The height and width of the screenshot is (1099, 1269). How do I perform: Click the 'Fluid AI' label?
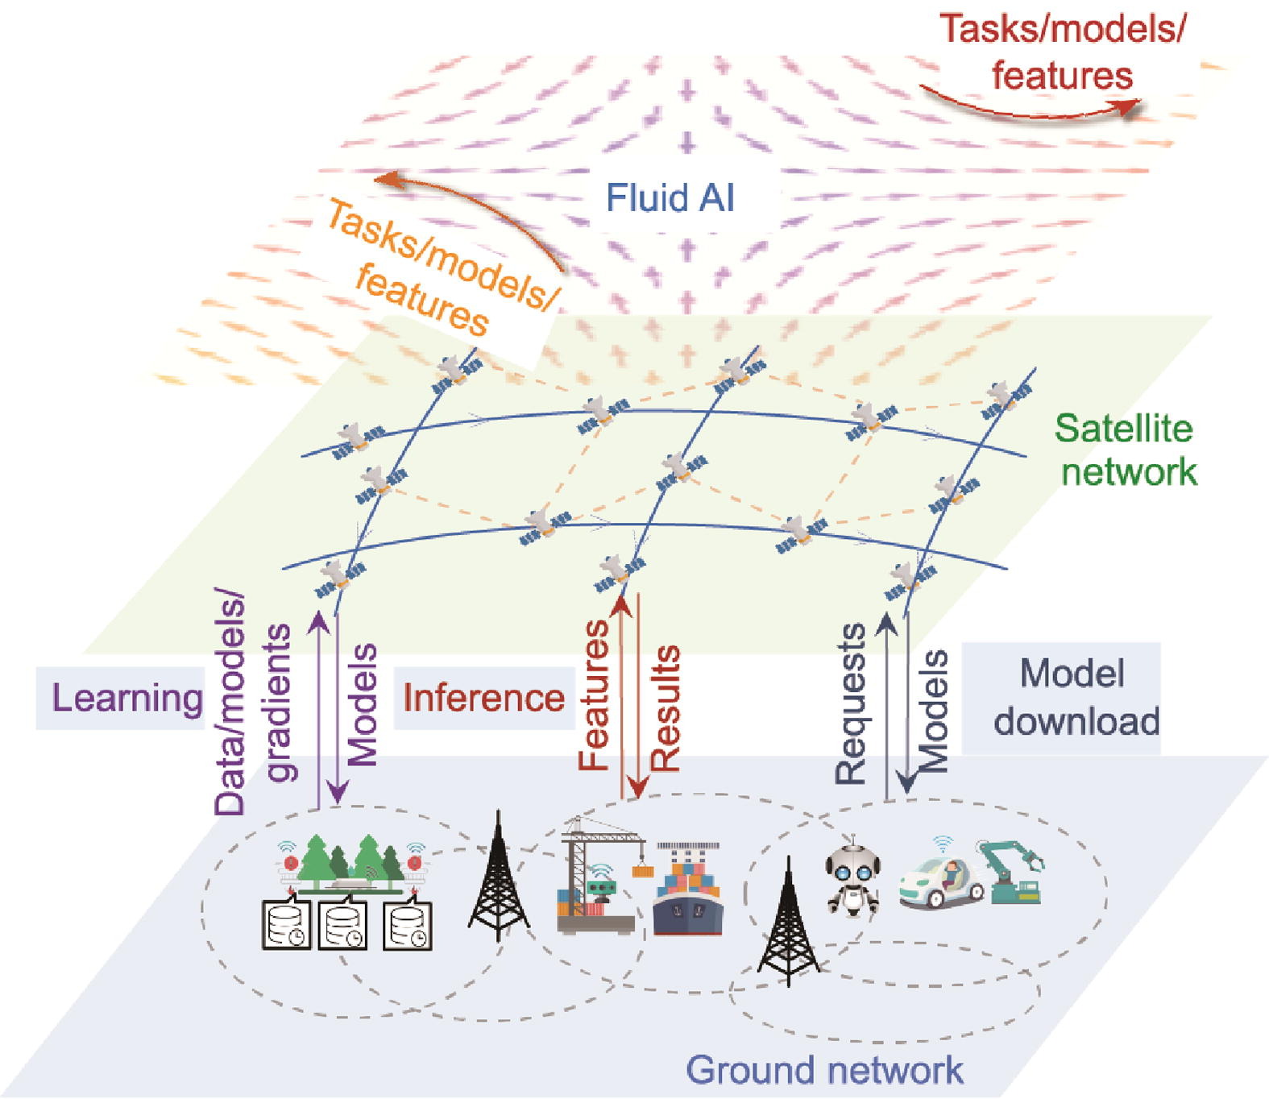pos(670,198)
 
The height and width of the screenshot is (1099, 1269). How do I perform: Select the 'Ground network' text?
pos(824,1070)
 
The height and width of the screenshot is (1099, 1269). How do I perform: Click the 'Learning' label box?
pos(125,698)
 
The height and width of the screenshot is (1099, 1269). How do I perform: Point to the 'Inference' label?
pos(483,698)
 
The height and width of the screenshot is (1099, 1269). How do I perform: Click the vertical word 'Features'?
pos(595,695)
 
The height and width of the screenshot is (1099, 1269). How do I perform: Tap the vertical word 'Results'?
pos(666,709)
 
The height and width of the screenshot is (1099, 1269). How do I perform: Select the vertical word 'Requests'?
pos(851,703)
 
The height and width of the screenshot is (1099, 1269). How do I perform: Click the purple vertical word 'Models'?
pos(362,704)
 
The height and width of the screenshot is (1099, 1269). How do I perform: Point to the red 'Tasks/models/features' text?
pos(1063,52)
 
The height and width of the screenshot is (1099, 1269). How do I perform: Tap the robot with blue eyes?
pos(852,878)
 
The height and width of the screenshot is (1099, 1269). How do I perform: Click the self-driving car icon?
pos(941,879)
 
